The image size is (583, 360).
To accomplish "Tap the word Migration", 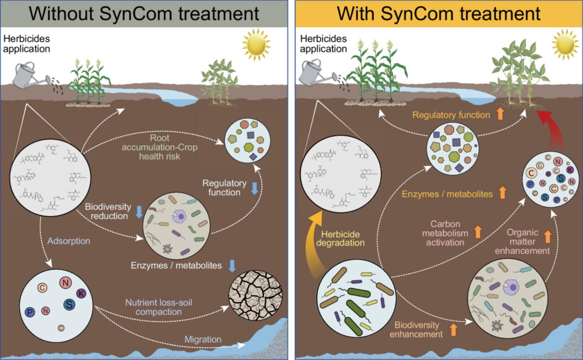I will pyautogui.click(x=202, y=340).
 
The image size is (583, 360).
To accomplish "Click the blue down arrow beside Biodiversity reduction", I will pyautogui.click(x=139, y=211).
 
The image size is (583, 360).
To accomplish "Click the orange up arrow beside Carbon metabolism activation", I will pyautogui.click(x=477, y=231).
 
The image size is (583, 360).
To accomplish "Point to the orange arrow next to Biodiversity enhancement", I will pyautogui.click(x=454, y=329).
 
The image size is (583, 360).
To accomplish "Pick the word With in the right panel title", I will pyautogui.click(x=357, y=14).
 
